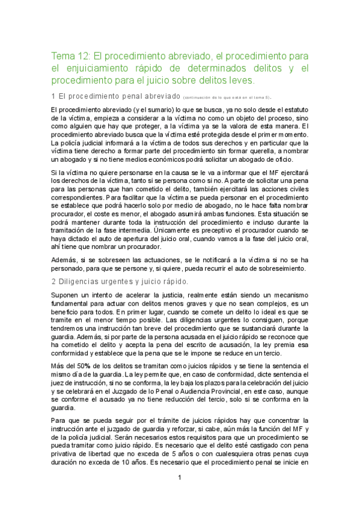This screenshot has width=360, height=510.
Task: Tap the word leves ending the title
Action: point(242,80)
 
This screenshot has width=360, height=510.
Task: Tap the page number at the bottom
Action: point(180,494)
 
